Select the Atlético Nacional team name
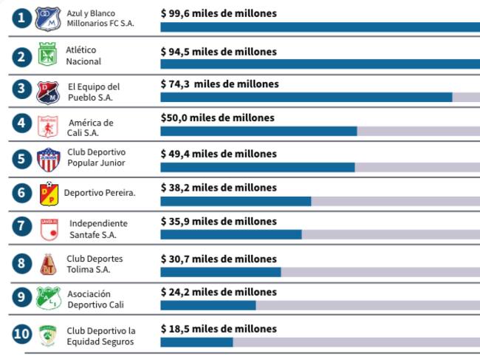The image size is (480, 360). coord(83,55)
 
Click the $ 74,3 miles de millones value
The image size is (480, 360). coord(219,84)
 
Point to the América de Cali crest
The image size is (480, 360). coord(48,126)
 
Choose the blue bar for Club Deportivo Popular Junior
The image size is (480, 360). coord(257,167)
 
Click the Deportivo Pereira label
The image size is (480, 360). coord(99,193)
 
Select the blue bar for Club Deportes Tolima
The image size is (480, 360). coord(220,272)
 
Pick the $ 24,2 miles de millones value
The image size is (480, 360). coord(219,292)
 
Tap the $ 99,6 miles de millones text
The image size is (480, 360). coord(219,13)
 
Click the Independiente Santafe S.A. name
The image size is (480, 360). coord(98,229)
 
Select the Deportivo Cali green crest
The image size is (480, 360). coord(48,298)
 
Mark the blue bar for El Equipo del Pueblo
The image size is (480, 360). coord(306,97)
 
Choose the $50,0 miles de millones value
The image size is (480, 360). coord(217,118)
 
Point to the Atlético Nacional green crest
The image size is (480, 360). coord(48,56)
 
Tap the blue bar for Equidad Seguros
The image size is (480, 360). coord(196,342)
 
